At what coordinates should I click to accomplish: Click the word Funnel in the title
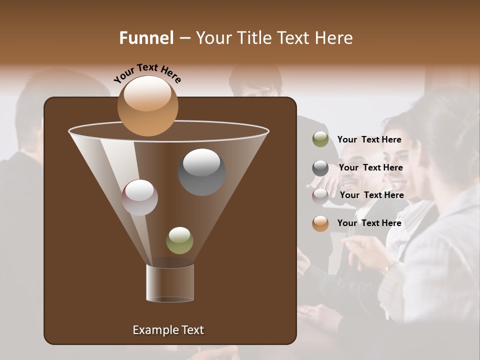click(146, 38)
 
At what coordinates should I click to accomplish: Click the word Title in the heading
click(253, 38)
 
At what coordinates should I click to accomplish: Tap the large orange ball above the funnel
click(147, 106)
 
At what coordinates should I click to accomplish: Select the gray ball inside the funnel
click(201, 172)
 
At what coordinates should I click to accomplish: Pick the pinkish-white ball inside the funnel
click(139, 197)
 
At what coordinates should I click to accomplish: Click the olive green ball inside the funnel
click(179, 240)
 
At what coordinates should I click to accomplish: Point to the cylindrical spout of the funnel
click(169, 283)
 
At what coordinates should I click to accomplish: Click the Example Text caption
click(168, 330)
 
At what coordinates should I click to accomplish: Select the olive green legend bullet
click(320, 139)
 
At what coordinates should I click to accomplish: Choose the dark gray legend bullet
click(320, 168)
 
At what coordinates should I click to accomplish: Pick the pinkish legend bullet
click(320, 196)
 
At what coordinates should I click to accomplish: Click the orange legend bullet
click(320, 223)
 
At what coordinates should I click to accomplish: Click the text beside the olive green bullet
click(369, 140)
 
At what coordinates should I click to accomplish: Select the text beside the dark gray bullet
click(370, 168)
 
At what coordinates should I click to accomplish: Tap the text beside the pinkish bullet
click(371, 195)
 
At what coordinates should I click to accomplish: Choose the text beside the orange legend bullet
click(369, 223)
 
